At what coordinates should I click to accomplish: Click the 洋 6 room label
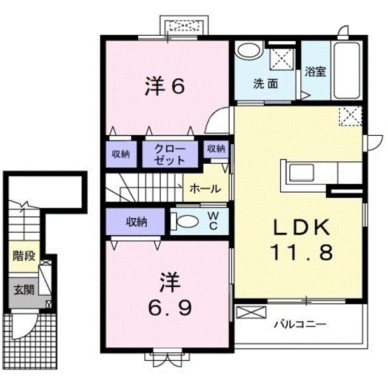pyautogui.click(x=164, y=87)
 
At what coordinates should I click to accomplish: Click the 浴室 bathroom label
pyautogui.click(x=315, y=72)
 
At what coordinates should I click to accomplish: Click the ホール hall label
pyautogui.click(x=205, y=189)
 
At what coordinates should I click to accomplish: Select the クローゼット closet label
pyautogui.click(x=170, y=155)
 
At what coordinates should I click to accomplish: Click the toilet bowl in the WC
pyautogui.click(x=189, y=221)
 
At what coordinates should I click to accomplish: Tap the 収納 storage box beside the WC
pyautogui.click(x=136, y=221)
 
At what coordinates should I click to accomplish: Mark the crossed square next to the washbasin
pyautogui.click(x=281, y=59)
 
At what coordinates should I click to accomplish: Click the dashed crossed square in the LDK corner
pyautogui.click(x=350, y=116)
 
